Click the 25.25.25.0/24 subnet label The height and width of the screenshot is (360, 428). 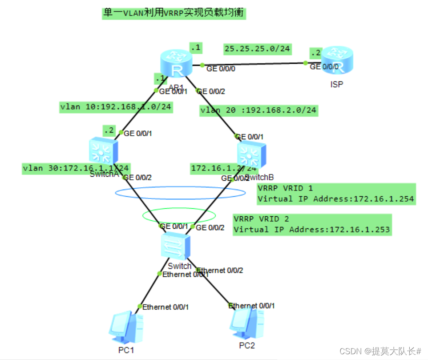click(257, 49)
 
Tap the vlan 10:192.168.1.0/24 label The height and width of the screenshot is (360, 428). click(116, 107)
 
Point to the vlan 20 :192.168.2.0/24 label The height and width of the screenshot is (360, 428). click(259, 110)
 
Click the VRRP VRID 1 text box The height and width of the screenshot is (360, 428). click(336, 194)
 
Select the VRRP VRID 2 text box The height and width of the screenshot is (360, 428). click(312, 225)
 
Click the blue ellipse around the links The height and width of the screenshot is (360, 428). click(180, 193)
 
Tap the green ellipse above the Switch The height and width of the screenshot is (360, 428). click(179, 215)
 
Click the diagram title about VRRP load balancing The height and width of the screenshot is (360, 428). click(174, 13)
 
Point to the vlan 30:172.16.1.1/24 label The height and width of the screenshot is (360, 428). click(76, 168)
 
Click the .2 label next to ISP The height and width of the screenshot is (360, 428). click(316, 53)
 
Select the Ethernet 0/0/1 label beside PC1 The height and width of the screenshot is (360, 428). click(166, 307)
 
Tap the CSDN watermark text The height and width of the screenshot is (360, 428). click(380, 351)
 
